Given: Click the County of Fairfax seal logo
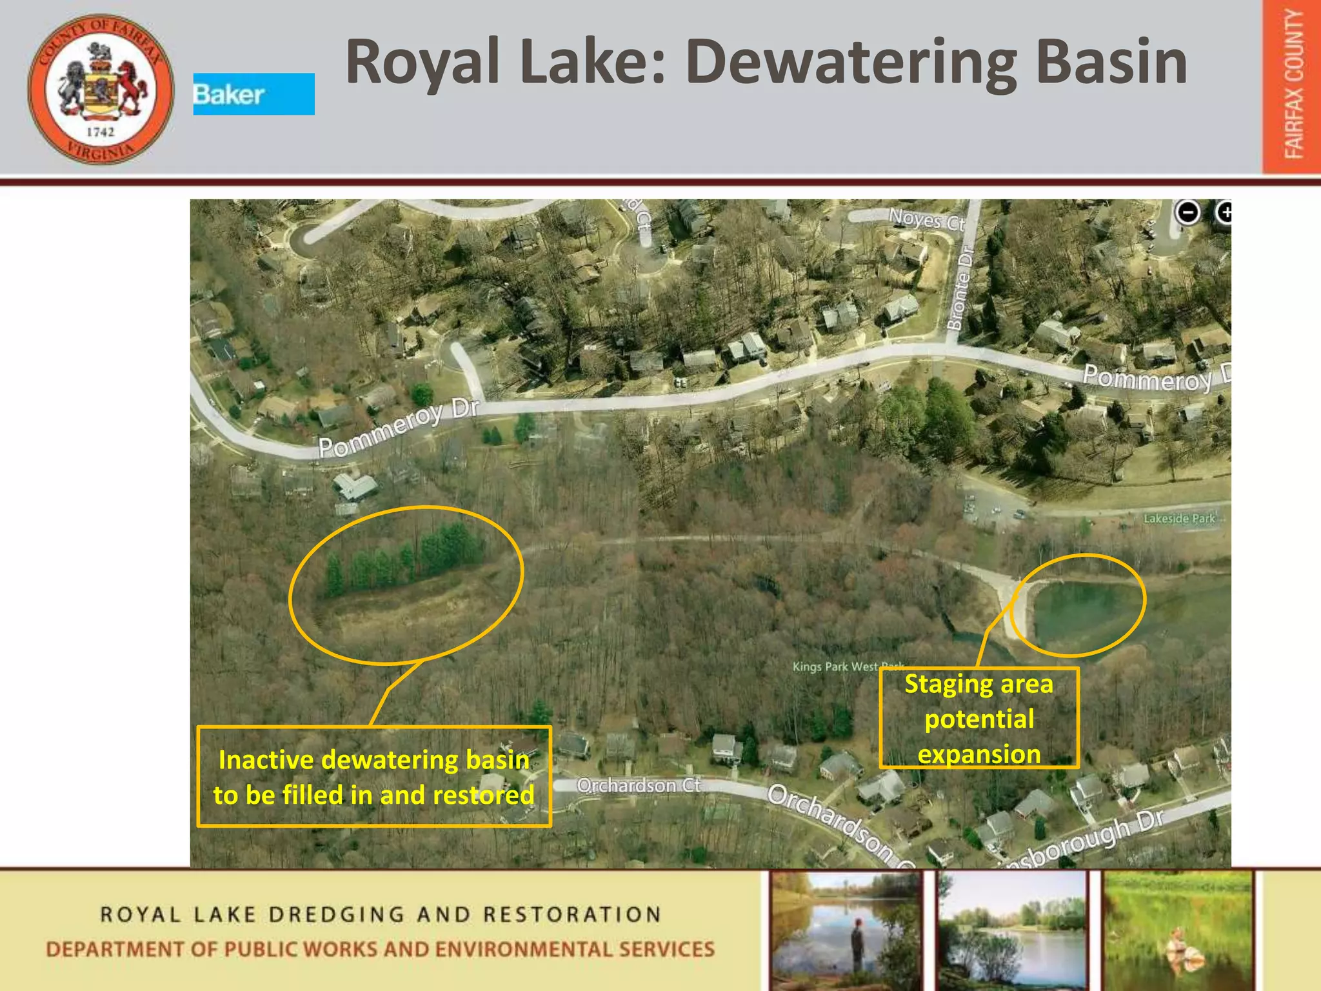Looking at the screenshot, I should [101, 89].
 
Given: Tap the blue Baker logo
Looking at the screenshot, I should [253, 94].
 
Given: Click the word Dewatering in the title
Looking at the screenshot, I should [850, 62].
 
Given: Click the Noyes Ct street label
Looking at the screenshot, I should [926, 220].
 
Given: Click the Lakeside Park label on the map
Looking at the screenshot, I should [1179, 519].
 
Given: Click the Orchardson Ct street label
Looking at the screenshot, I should [638, 785].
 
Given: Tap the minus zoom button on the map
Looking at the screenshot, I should [1187, 212].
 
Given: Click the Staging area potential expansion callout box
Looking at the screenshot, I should [978, 719].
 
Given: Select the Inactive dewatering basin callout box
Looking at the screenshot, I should [373, 777].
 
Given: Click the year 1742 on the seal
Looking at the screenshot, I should [100, 132].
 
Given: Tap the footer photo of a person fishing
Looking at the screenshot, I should [846, 930].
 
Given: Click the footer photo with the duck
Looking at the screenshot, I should [1178, 930].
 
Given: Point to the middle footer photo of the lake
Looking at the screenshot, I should [1012, 930].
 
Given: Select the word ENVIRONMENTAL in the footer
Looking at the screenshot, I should [523, 949].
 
